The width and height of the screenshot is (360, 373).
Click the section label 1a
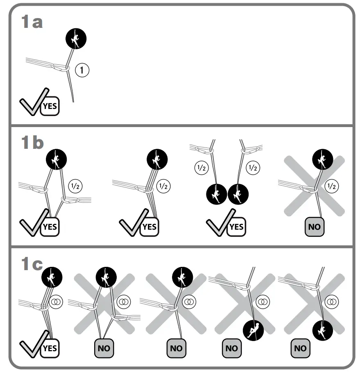pos(32,22)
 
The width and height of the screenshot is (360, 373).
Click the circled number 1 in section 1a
pos(82,71)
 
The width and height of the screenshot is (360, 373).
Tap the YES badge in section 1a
pos(49,107)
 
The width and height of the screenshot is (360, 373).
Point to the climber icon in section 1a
pos(76,39)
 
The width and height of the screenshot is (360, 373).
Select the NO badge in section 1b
pos(315,227)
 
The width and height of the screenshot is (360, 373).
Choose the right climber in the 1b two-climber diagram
pos(238,194)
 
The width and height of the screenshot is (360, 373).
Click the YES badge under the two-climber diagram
pos(235,227)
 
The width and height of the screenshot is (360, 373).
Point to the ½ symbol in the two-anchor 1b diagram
pos(76,186)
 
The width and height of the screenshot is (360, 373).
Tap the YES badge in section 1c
pos(49,348)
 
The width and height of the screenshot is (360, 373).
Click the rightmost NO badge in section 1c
pos(300,348)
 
